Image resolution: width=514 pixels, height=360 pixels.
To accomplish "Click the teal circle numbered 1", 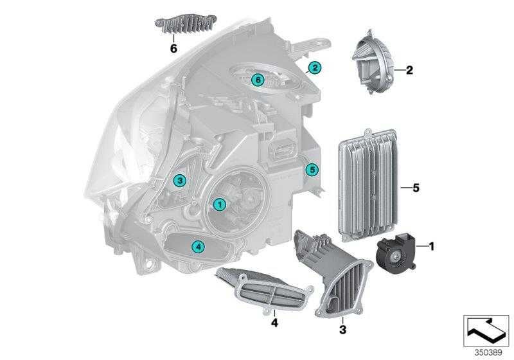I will pos(218,204).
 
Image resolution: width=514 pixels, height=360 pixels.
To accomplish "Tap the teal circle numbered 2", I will pos(314,67).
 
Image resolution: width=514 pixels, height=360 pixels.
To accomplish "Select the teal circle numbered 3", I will pos(181,181).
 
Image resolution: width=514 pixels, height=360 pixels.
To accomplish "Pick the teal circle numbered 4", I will pos(198,246).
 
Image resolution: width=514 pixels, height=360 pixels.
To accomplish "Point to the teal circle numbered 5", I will pos(312,170).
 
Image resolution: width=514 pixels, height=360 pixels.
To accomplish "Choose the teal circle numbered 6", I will pos(257,80).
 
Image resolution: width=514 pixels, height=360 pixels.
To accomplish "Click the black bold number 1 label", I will pos(432,246).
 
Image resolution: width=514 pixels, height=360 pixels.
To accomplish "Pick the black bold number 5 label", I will pos(416,188).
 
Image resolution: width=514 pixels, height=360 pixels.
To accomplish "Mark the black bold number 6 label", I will pos(173,48).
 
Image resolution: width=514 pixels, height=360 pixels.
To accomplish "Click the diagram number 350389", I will pos(488,353).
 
